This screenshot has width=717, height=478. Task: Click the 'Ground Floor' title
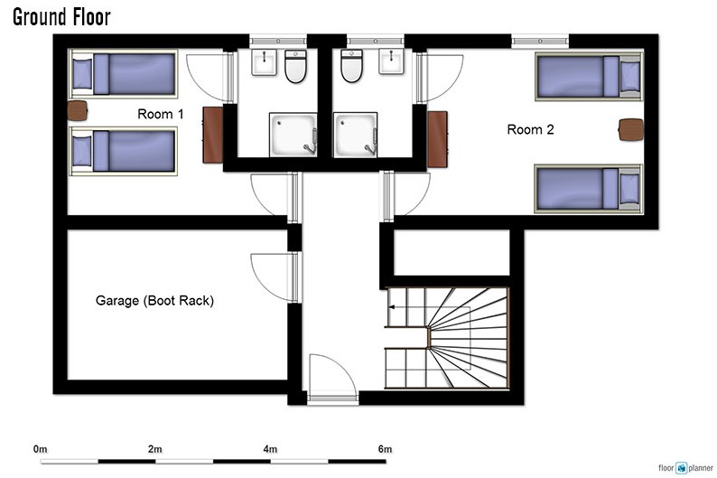tap(61, 17)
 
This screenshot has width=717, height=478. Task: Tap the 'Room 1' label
tap(161, 114)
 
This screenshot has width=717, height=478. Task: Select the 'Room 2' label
tap(530, 129)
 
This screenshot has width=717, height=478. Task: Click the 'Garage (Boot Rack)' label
tap(154, 301)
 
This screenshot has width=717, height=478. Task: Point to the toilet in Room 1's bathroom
tap(295, 66)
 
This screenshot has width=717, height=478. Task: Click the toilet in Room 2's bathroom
tap(351, 66)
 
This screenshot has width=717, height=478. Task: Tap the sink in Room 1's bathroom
tap(265, 62)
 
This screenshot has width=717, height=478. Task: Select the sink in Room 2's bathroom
tap(391, 61)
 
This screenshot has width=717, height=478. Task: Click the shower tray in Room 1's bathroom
tap(293, 135)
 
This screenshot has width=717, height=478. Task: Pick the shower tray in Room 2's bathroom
tap(355, 135)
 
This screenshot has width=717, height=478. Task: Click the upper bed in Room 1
tap(123, 74)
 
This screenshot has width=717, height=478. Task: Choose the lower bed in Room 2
tap(589, 189)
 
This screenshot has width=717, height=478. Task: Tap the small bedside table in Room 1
tap(78, 111)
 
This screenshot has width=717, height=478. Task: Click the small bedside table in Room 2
tap(631, 129)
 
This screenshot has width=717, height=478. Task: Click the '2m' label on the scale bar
tap(155, 449)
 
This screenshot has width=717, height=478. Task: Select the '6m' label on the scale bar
tap(385, 449)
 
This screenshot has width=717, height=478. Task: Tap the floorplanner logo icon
tap(682, 468)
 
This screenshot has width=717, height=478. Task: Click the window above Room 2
tap(540, 42)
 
